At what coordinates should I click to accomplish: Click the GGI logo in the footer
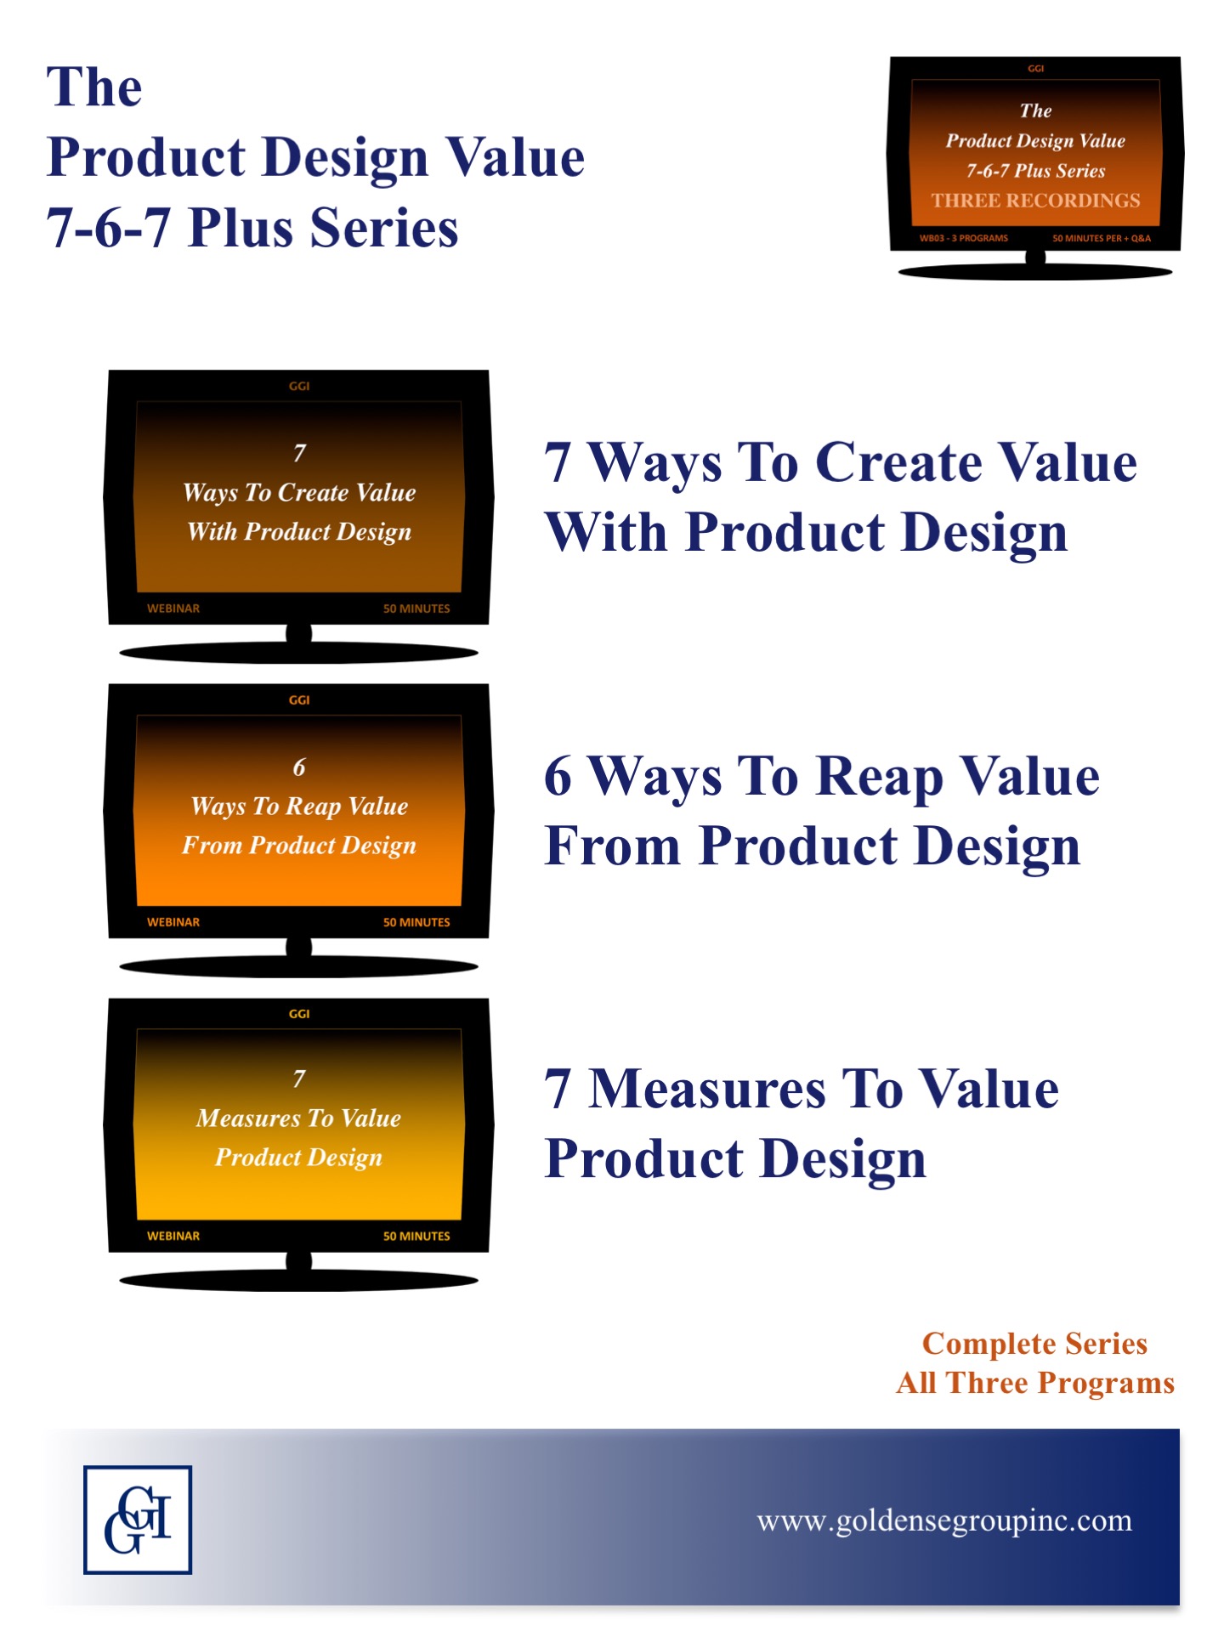138,1520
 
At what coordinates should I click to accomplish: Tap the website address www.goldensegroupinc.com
944,1520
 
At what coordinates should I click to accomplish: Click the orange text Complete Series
1034,1344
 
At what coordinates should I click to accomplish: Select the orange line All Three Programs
1035,1384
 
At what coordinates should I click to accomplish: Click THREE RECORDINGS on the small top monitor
1035,201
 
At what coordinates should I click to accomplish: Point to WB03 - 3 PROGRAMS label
963,238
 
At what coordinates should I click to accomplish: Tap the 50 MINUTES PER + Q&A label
1102,238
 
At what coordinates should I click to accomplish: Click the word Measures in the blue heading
707,1090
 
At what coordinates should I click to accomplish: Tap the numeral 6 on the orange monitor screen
299,767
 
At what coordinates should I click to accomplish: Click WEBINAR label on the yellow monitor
173,1236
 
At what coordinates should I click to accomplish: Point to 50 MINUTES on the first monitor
416,609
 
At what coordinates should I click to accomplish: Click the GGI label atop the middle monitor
299,700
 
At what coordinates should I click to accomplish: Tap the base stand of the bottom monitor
298,1279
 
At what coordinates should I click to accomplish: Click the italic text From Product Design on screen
299,846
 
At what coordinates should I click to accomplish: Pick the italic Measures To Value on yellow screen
298,1118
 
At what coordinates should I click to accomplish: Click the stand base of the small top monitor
1035,271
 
